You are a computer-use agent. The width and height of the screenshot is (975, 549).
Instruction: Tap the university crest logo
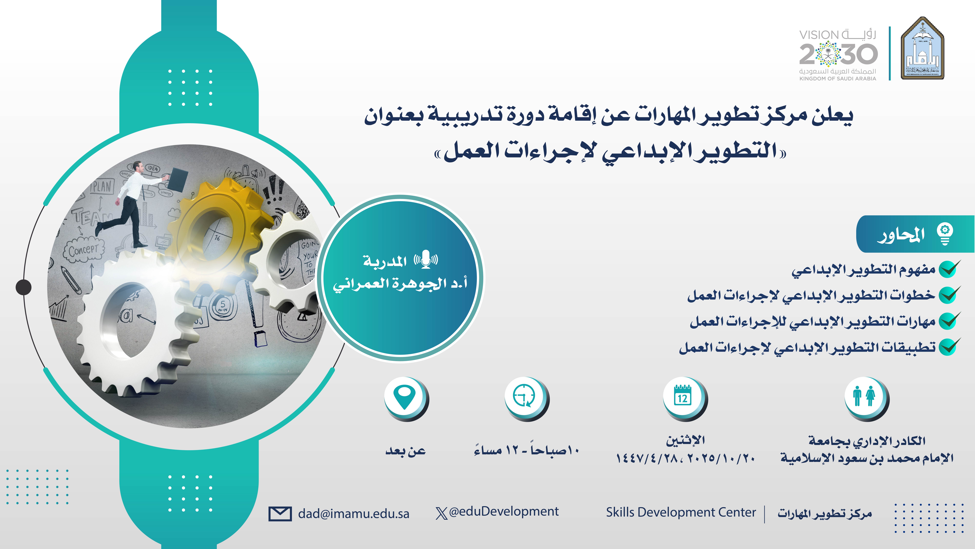pos(922,48)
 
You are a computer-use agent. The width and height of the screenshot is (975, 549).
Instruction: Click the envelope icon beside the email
pos(280,514)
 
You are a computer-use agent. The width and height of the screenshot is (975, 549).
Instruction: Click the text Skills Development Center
pos(681,512)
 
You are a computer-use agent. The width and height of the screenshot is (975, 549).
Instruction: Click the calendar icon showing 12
pos(683,396)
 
